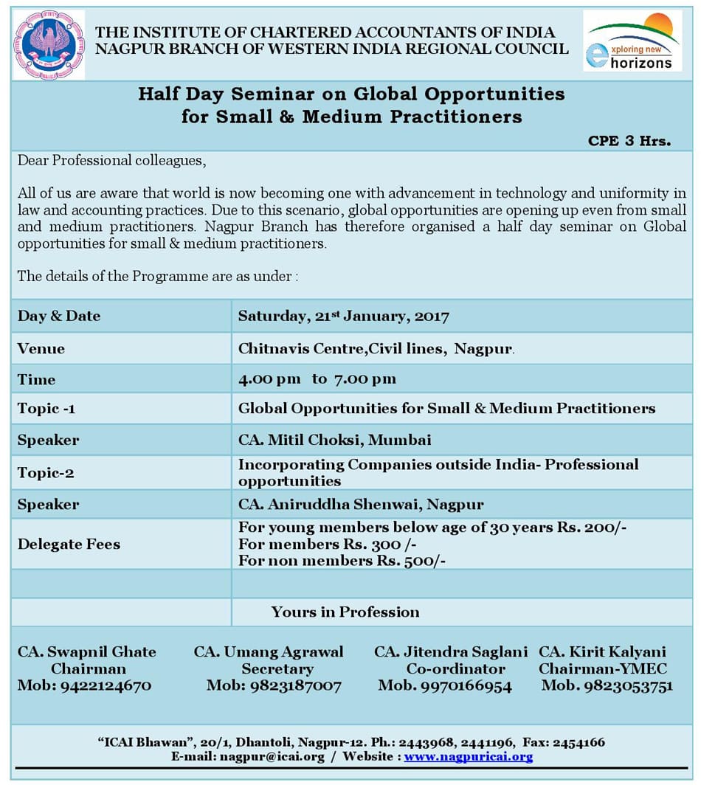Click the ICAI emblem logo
[x=49, y=45]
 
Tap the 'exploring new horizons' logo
[x=632, y=41]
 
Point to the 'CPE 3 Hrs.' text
[x=629, y=141]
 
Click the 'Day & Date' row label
[x=59, y=316]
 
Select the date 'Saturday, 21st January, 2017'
[x=343, y=317]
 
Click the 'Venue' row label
[x=41, y=348]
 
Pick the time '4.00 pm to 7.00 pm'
[x=317, y=379]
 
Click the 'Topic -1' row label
[x=46, y=409]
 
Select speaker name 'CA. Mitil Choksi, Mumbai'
[x=334, y=440]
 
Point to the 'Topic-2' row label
[x=46, y=472]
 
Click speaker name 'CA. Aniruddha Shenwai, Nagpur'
[x=361, y=505]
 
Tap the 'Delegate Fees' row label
[x=69, y=544]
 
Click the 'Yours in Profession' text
[x=345, y=612]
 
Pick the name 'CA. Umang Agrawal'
[x=269, y=652]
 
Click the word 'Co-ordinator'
[x=455, y=669]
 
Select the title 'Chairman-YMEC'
[x=602, y=669]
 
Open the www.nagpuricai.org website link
[x=468, y=756]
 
